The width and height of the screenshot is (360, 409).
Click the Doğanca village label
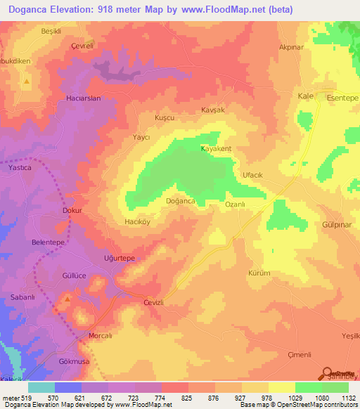point(180,201)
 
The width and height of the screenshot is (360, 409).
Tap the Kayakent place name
point(217,149)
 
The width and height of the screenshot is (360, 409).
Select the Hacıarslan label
point(84,98)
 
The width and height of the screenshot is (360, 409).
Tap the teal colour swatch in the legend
point(41,387)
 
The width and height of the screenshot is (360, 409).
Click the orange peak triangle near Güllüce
point(67,300)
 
